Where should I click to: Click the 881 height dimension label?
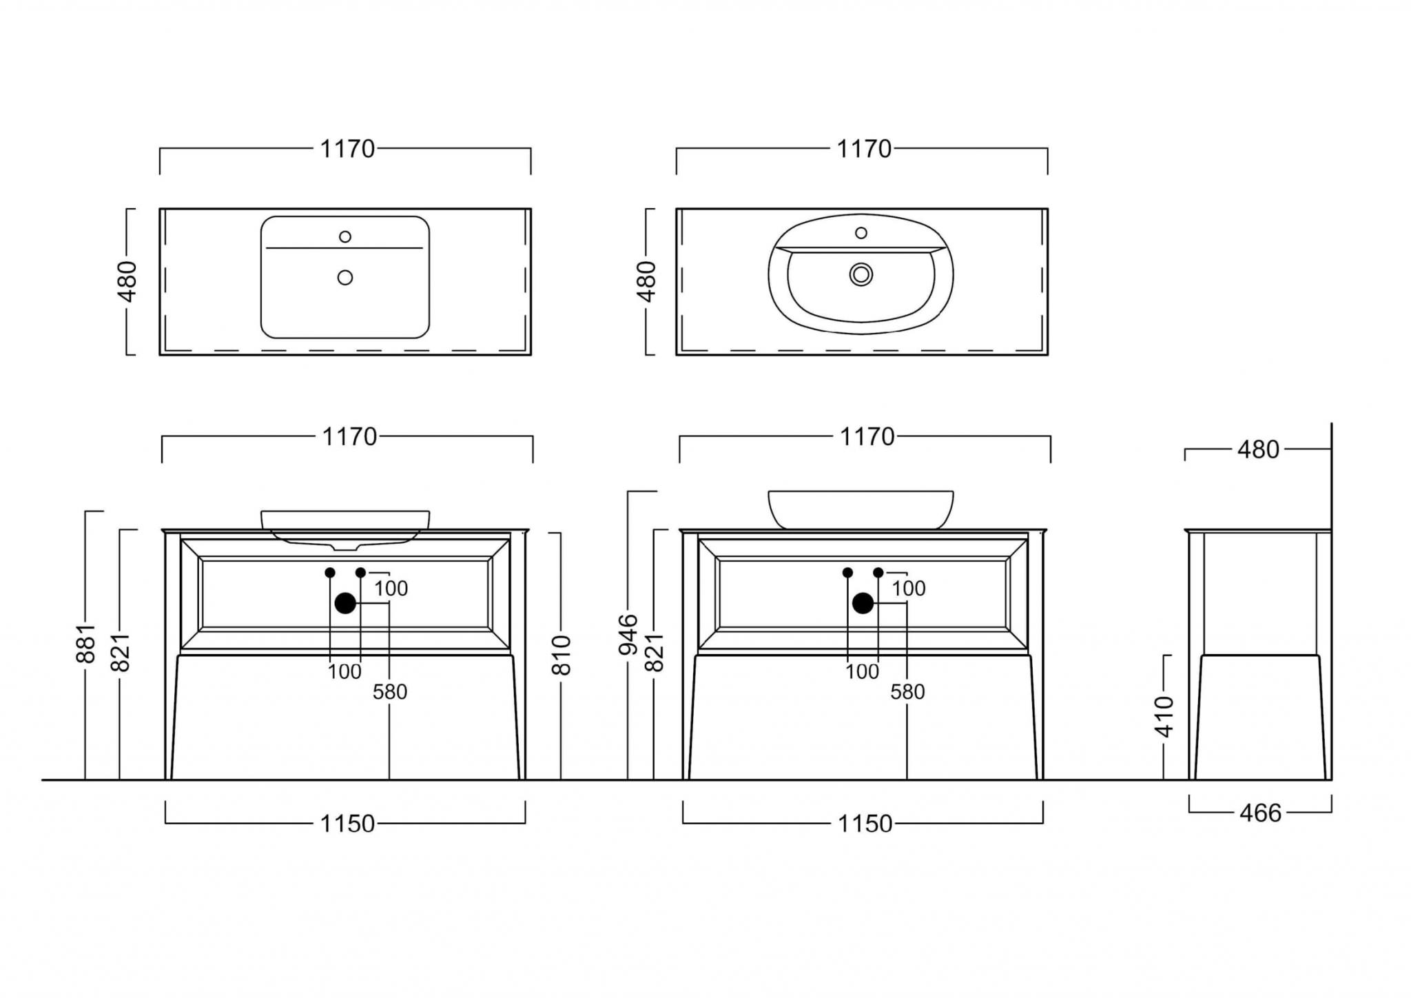85,644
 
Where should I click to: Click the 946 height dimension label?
628,635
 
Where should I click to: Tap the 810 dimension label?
562,655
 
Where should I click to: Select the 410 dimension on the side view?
1164,717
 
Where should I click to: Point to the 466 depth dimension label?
1260,813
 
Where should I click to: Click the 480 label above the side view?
1258,449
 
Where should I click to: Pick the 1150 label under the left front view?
347,824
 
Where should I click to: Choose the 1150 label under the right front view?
865,824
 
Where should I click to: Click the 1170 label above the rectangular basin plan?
347,149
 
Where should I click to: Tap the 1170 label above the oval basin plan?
864,149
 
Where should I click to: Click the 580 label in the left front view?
390,692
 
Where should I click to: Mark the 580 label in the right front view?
907,692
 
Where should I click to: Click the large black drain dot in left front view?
345,603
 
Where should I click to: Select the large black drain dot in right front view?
863,603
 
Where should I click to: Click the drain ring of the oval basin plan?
861,274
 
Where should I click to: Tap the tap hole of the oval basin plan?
861,233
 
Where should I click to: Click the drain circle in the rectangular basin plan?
345,277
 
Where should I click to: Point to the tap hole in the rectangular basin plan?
345,236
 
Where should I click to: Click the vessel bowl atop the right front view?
861,510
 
